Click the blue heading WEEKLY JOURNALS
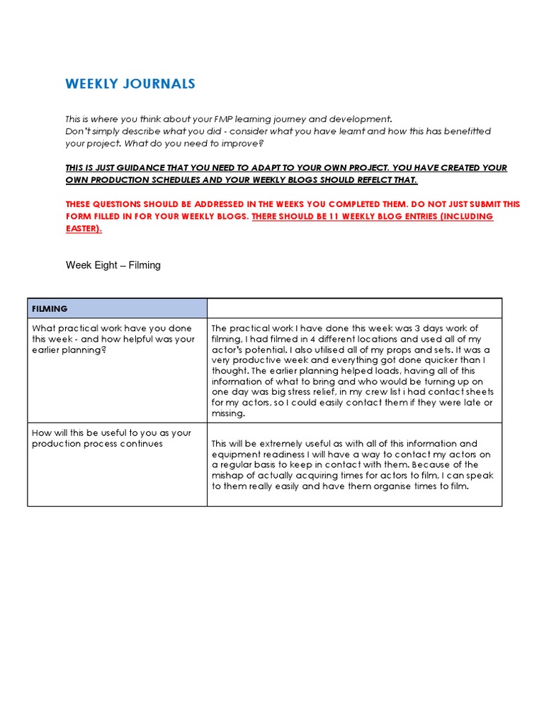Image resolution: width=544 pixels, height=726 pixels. pyautogui.click(x=130, y=84)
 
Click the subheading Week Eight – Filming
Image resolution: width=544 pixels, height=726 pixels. pyautogui.click(x=113, y=265)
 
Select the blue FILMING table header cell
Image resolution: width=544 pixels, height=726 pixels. pyautogui.click(x=117, y=308)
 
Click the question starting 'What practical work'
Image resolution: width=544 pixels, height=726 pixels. pyautogui.click(x=113, y=339)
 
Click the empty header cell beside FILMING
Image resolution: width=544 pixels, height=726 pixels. pyautogui.click(x=354, y=308)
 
